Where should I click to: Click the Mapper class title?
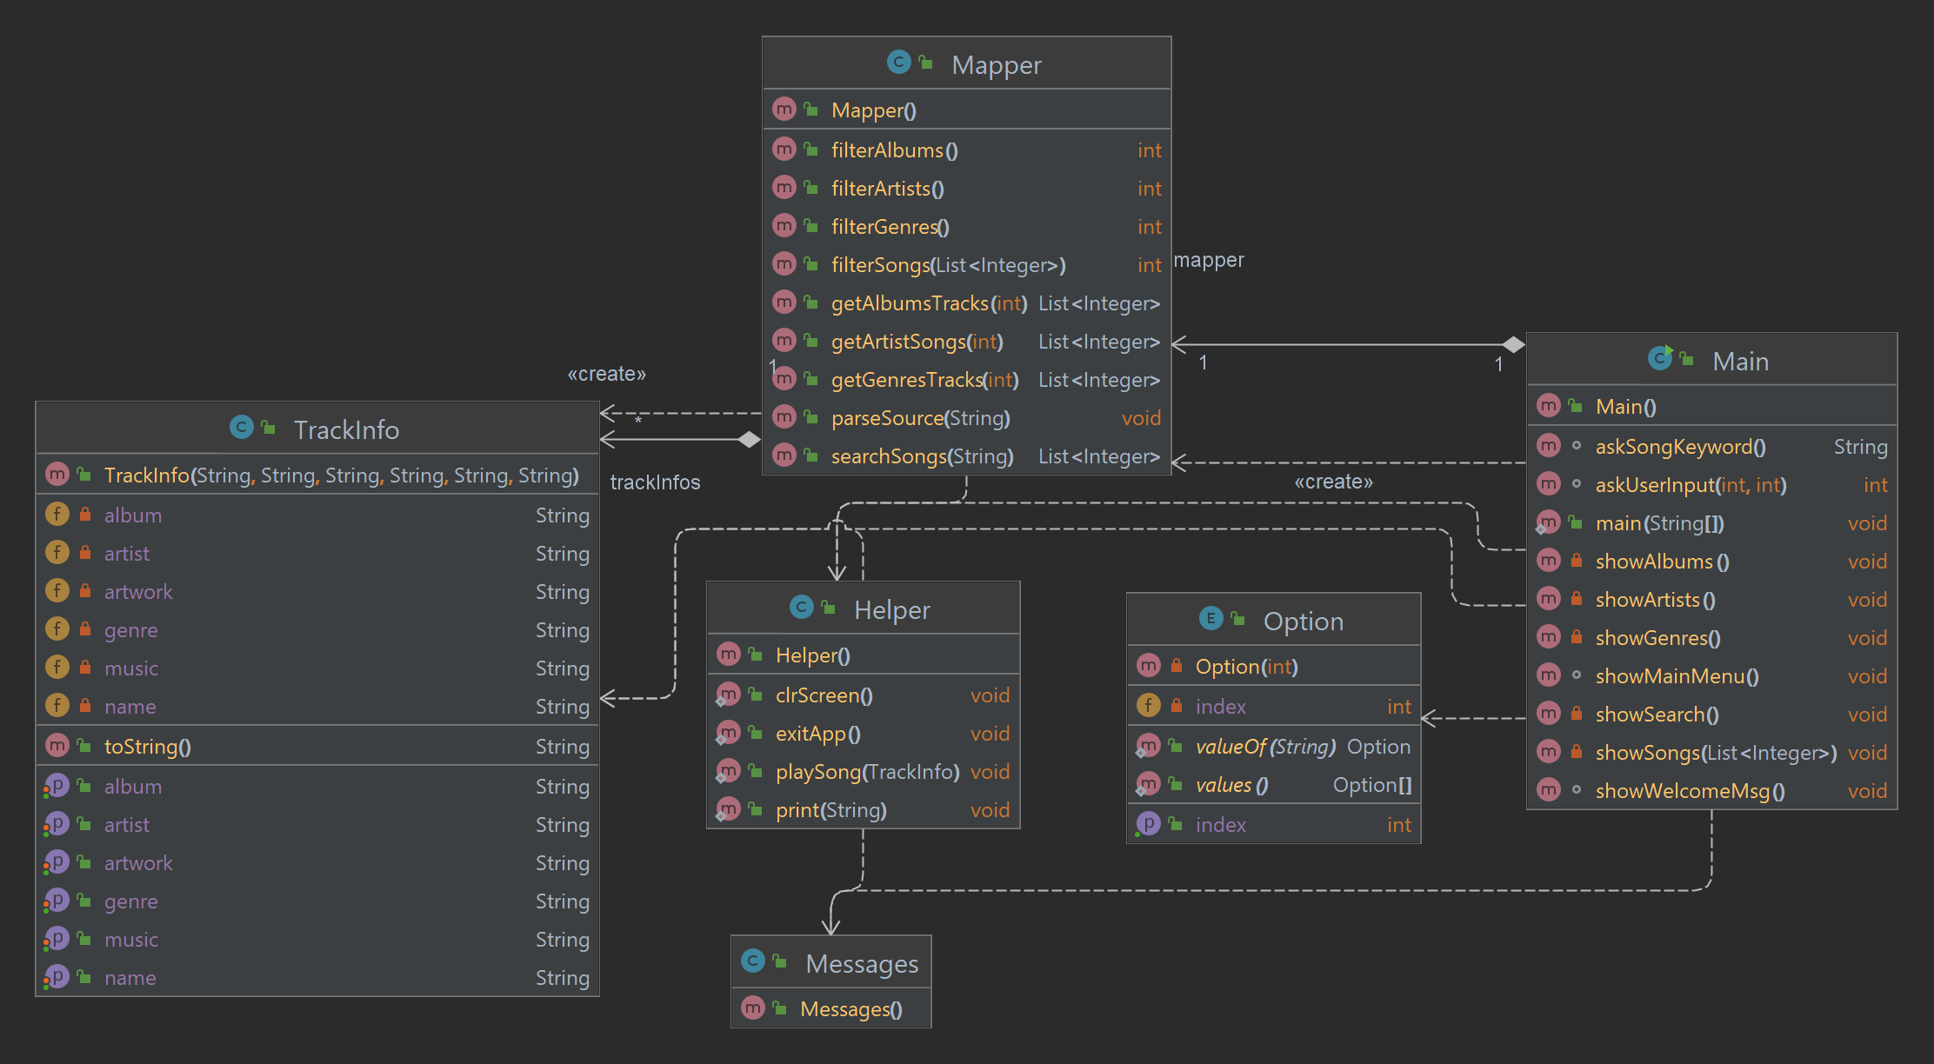(996, 65)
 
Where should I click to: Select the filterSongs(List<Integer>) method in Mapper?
(948, 265)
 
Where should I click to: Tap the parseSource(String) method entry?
(920, 418)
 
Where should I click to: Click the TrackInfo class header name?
(346, 430)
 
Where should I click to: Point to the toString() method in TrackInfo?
(147, 747)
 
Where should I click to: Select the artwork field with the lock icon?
(138, 592)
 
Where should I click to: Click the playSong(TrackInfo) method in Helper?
(867, 772)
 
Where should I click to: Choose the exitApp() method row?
(817, 734)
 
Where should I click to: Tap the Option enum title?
(1303, 622)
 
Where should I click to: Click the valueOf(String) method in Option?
(1264, 747)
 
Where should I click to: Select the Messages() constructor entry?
(850, 1009)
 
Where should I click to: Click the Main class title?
(1740, 362)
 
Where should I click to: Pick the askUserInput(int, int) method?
(1691, 485)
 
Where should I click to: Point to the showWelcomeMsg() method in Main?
(1690, 791)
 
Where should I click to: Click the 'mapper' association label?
(1209, 260)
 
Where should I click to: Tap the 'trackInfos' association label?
(655, 482)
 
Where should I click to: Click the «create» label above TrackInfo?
(606, 374)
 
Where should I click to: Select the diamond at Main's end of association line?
(1514, 344)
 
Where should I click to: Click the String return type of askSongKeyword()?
(1860, 447)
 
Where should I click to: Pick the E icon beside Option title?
(1210, 619)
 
